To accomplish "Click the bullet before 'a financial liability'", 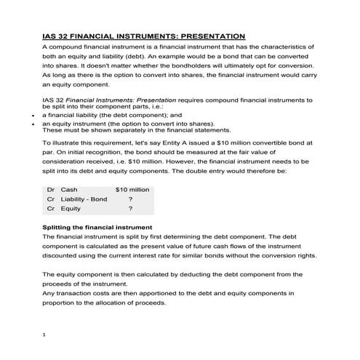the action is pyautogui.click(x=34, y=115).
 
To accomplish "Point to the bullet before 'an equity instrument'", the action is pyautogui.click(x=34, y=124).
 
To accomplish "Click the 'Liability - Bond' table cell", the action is pyautogui.click(x=84, y=199).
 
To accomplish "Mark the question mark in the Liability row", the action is pyautogui.click(x=130, y=199).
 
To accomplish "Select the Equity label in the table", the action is pyautogui.click(x=71, y=209).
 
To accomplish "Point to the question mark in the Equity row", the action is pyautogui.click(x=130, y=209).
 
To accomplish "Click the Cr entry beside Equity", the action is pyautogui.click(x=50, y=209).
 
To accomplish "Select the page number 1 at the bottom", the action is pyautogui.click(x=45, y=335).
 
